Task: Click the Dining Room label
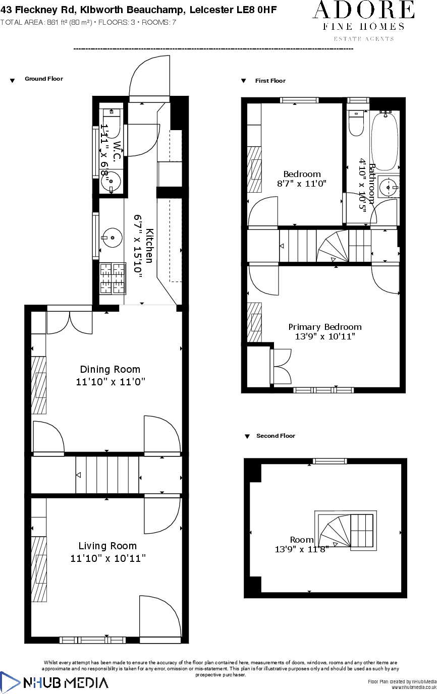click(x=110, y=369)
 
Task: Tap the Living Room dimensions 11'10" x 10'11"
click(x=108, y=558)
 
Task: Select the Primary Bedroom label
click(x=325, y=327)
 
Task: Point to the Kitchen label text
click(x=149, y=246)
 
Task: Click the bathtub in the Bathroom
click(x=385, y=141)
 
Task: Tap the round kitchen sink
click(x=112, y=237)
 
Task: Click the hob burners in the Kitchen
click(x=113, y=278)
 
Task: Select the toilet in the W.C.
click(x=111, y=122)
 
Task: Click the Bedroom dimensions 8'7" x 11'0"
click(x=302, y=184)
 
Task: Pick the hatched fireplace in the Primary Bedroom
click(x=255, y=322)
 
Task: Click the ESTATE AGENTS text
click(x=364, y=39)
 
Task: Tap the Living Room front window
click(x=92, y=640)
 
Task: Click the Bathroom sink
click(x=388, y=187)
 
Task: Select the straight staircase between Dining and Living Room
click(x=107, y=475)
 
